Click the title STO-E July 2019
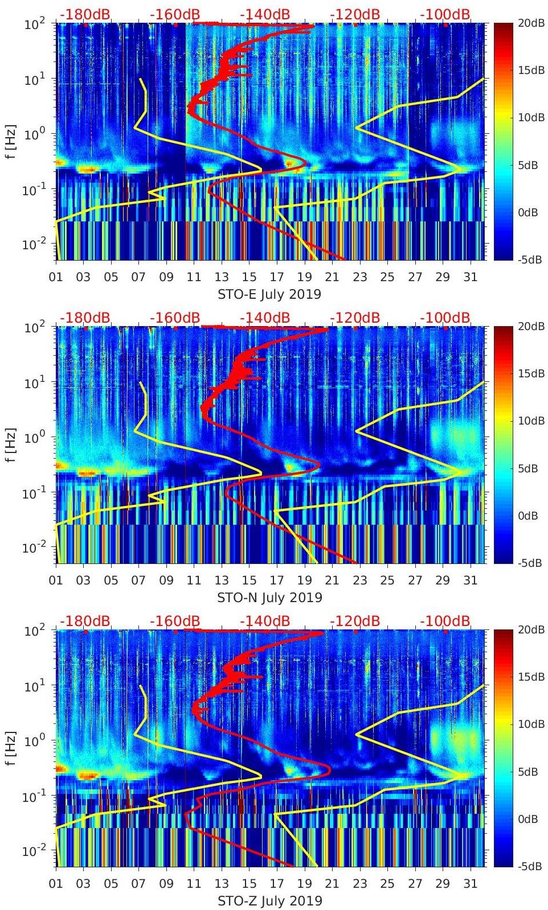(269, 295)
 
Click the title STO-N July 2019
(269, 598)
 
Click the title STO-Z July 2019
(269, 901)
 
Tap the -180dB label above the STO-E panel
(85, 14)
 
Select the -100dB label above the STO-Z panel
(445, 621)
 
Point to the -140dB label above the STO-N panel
(265, 318)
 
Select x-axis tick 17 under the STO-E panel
(277, 277)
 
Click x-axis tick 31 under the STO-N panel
(470, 580)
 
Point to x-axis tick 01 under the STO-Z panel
(56, 884)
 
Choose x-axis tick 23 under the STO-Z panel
(359, 884)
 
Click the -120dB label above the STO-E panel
(355, 14)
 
